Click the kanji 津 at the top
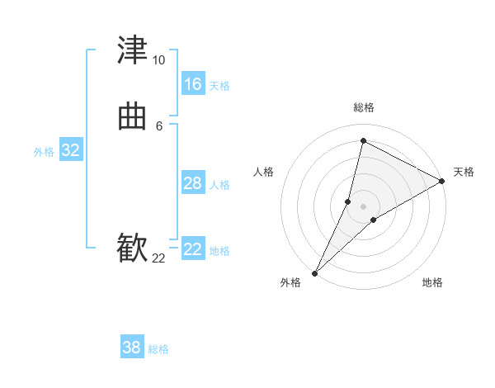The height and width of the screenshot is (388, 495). [x=133, y=50]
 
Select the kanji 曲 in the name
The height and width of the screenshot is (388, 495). [x=133, y=118]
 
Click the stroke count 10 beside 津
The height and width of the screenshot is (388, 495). [x=158, y=60]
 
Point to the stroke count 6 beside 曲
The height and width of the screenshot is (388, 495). [x=158, y=125]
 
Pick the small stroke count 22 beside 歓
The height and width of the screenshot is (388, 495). [x=158, y=258]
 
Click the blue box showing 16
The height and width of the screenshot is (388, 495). [x=192, y=84]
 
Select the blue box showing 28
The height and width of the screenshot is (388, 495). [x=192, y=183]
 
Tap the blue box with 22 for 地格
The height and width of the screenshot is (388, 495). [x=192, y=249]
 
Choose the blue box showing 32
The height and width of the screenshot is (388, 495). [x=70, y=150]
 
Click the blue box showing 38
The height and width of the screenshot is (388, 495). [x=131, y=348]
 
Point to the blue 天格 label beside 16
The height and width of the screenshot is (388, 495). [x=219, y=86]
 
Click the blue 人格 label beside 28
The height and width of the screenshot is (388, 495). [x=219, y=185]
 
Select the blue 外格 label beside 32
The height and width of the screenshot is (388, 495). [x=44, y=152]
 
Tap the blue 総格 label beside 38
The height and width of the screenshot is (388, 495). [x=158, y=349]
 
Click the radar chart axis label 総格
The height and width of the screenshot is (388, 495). [x=363, y=107]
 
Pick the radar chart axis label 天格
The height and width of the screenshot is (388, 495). [x=464, y=172]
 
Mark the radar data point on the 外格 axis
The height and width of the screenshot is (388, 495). [x=314, y=273]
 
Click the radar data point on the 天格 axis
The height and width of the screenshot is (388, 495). [x=442, y=182]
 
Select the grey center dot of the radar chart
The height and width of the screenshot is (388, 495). [x=363, y=206]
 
